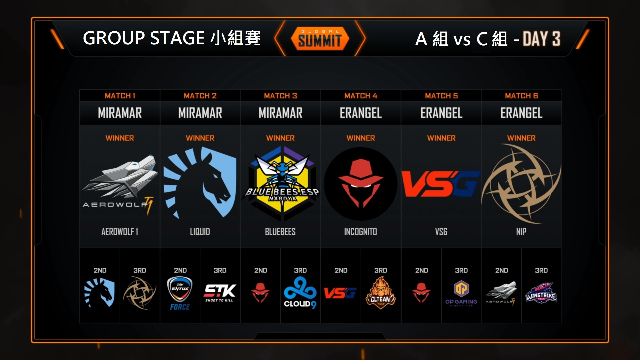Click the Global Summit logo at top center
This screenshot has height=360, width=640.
click(x=320, y=39)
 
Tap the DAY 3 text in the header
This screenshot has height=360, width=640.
click(x=541, y=39)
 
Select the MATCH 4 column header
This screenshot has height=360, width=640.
click(x=361, y=96)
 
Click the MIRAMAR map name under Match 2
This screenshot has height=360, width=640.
click(x=200, y=113)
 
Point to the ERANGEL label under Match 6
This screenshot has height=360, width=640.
click(x=521, y=113)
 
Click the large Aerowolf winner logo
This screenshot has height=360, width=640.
click(x=120, y=183)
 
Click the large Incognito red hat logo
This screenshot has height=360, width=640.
click(x=361, y=184)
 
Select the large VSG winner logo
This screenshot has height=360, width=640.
click(x=441, y=184)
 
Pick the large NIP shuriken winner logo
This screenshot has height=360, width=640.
click(x=521, y=184)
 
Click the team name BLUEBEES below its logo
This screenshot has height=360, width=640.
click(x=280, y=232)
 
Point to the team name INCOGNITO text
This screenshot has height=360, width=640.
click(x=361, y=232)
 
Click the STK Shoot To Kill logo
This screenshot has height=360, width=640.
click(x=220, y=293)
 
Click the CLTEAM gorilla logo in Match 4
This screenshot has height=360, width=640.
click(x=380, y=293)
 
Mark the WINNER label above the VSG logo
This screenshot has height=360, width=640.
click(x=441, y=138)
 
